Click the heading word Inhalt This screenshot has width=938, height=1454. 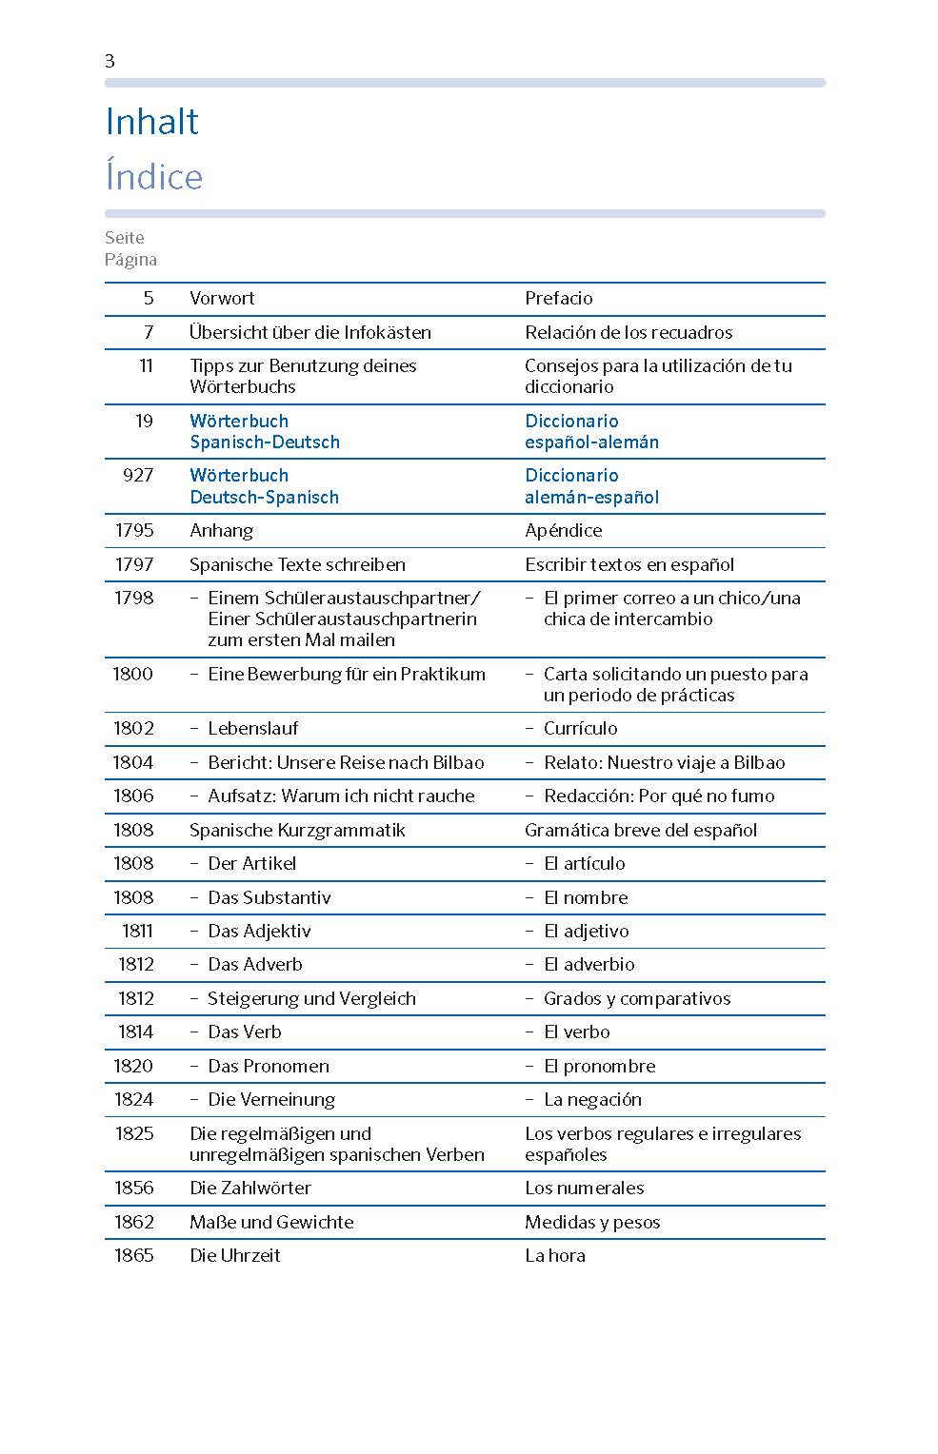click(151, 122)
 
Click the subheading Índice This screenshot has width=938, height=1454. click(153, 177)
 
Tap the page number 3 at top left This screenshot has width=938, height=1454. click(110, 61)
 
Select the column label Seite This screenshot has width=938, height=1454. click(125, 238)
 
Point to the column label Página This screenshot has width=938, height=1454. click(130, 260)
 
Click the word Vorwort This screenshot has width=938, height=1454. click(222, 298)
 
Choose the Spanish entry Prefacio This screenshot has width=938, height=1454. click(558, 298)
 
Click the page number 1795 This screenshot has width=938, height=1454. click(133, 530)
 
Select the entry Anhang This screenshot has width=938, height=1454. click(221, 530)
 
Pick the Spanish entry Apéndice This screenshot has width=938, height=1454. click(563, 530)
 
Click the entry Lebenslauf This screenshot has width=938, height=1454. click(252, 728)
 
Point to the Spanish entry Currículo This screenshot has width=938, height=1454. click(580, 728)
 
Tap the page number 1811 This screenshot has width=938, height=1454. click(136, 931)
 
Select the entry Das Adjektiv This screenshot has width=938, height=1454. click(259, 931)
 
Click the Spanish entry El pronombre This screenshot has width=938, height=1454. click(599, 1066)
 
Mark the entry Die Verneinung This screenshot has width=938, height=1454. click(271, 1099)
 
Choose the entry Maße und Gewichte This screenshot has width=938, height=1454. click(271, 1222)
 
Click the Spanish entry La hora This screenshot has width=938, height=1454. click(554, 1255)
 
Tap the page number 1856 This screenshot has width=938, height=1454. click(133, 1188)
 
